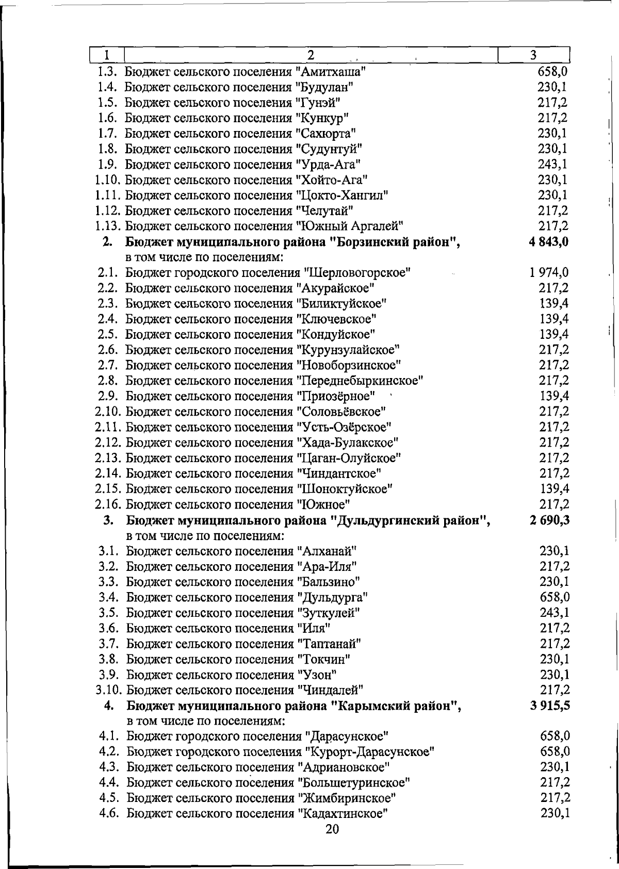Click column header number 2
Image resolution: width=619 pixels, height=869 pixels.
(x=311, y=55)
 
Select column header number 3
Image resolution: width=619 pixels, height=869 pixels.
(x=533, y=55)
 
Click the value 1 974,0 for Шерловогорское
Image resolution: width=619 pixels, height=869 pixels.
(x=549, y=272)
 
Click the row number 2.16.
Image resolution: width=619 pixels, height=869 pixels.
(x=109, y=504)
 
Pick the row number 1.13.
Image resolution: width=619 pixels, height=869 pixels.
(x=108, y=226)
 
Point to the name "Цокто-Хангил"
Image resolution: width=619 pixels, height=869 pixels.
(x=342, y=195)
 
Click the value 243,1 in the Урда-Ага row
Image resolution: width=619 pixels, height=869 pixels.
(x=553, y=165)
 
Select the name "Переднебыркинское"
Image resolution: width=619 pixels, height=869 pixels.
(x=360, y=381)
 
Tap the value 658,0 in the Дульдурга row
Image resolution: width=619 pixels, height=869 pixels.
(x=555, y=597)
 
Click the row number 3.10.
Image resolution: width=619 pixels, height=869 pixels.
(x=109, y=690)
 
